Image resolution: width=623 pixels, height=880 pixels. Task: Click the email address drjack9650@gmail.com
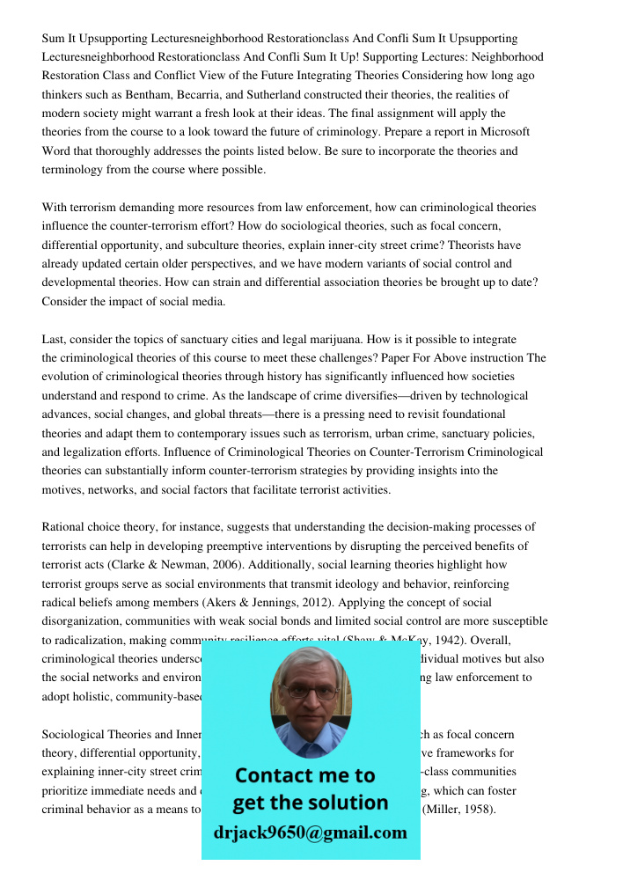point(310,832)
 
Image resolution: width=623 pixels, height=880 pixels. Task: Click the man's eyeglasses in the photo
point(310,691)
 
